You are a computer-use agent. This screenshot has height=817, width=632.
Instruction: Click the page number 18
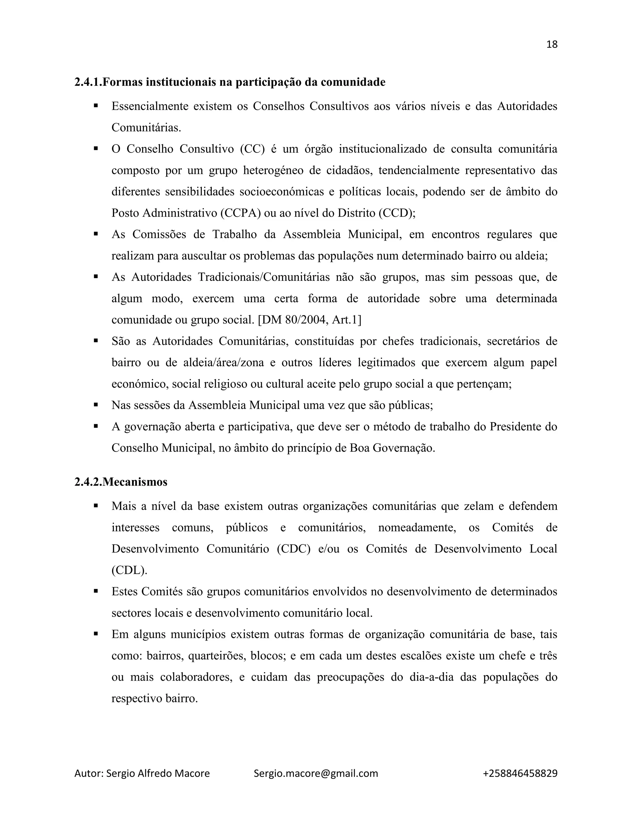552,44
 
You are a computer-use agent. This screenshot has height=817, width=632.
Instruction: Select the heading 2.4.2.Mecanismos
121,482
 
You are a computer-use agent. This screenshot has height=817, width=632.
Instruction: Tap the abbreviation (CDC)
294,549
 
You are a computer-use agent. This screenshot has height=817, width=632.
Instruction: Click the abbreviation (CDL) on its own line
129,570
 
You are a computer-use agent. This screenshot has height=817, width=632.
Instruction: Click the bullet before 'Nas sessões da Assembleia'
96,405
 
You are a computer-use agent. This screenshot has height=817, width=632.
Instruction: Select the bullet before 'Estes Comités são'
96,591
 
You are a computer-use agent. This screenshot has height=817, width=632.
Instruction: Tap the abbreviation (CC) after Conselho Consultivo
252,149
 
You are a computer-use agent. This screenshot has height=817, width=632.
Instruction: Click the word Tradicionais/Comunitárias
264,277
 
